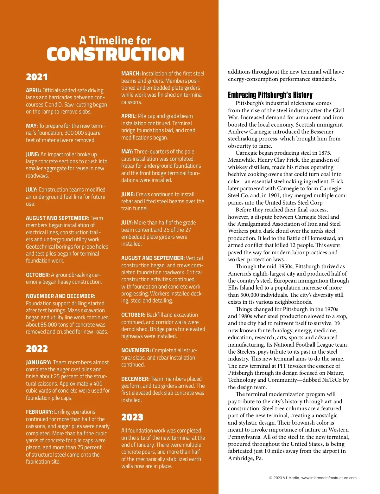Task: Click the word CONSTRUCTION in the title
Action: pyautogui.click(x=115, y=54)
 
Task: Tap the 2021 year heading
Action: pyautogui.click(x=37, y=77)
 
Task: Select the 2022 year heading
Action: pyautogui.click(x=37, y=349)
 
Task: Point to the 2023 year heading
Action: pyautogui.click(x=132, y=417)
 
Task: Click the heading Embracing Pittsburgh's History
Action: pyautogui.click(x=270, y=95)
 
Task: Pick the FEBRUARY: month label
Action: pyautogui.click(x=39, y=412)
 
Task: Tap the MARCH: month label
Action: pyautogui.click(x=131, y=74)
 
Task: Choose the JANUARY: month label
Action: pyautogui.click(x=39, y=362)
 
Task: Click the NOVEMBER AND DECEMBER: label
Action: pyautogui.click(x=60, y=296)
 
